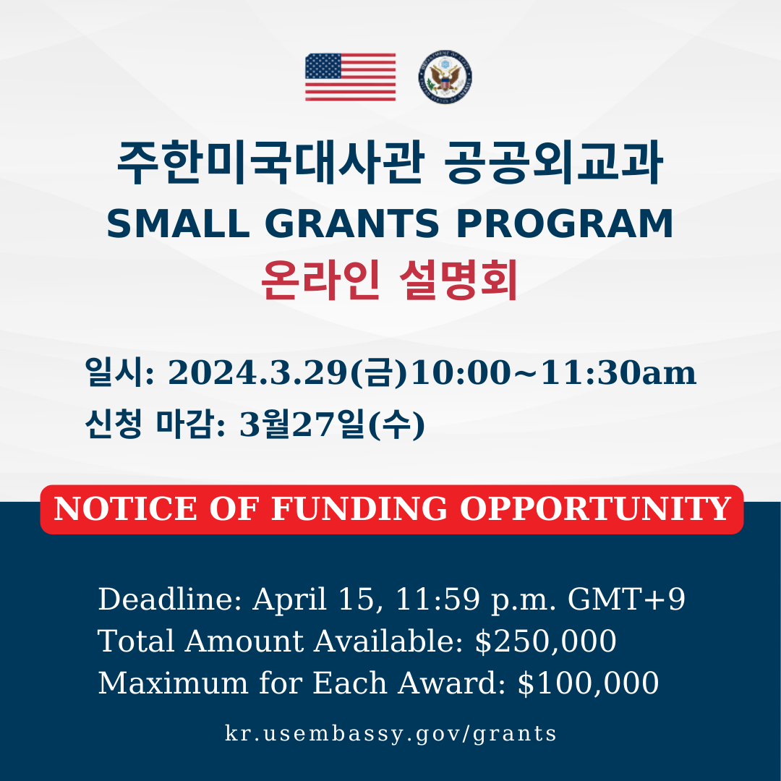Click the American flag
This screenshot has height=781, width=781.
point(350,77)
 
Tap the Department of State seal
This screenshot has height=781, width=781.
point(445,77)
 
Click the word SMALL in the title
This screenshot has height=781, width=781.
point(178,223)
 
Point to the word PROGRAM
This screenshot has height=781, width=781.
point(564,223)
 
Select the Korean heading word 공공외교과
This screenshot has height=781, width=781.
point(553,163)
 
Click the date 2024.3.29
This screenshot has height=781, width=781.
point(257,372)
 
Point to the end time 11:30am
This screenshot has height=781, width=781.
point(618,372)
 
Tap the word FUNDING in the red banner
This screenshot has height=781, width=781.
point(359,508)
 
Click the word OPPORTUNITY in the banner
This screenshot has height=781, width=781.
point(595,508)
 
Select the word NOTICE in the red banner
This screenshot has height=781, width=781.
point(125,508)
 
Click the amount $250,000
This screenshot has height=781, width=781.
point(545,641)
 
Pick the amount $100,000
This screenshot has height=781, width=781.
point(588,683)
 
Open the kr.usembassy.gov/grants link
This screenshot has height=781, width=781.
point(390,734)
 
